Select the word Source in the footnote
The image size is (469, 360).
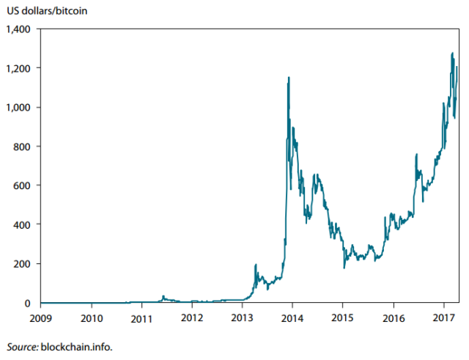pyautogui.click(x=22, y=346)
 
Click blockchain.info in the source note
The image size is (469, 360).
pyautogui.click(x=78, y=346)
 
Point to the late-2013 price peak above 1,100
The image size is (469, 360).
pyautogui.click(x=289, y=78)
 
